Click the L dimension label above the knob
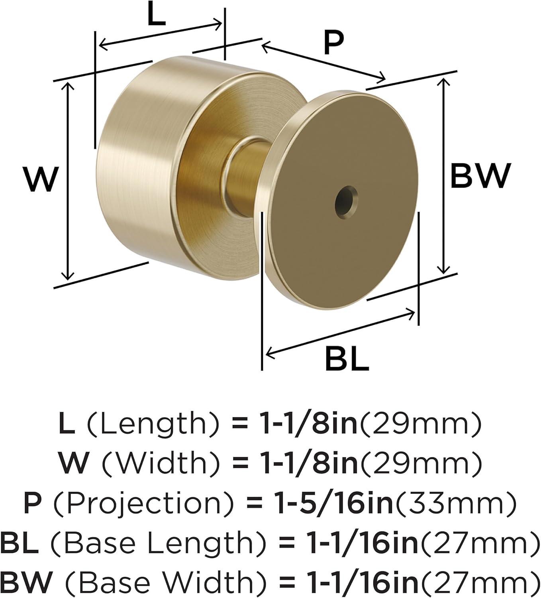point(157,14)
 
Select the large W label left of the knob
point(41,179)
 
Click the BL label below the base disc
point(347,359)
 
